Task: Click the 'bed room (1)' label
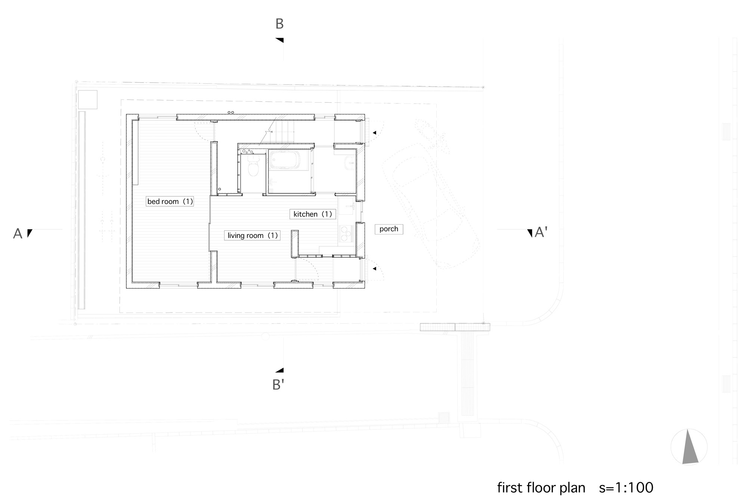170,202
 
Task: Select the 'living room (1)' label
252,236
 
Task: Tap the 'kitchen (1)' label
313,214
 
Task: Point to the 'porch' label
389,229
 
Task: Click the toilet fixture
254,166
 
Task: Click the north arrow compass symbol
689,447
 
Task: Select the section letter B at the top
279,24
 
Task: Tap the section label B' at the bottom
278,385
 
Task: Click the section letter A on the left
18,234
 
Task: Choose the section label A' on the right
541,232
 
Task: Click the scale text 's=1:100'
626,488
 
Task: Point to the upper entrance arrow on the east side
374,133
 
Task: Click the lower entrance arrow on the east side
374,268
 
